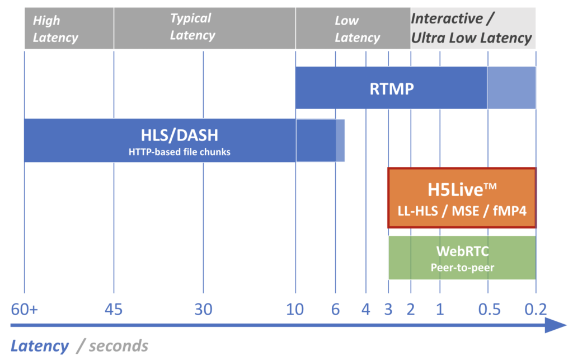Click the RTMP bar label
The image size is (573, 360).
coord(392,89)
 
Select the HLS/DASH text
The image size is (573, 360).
coord(180,135)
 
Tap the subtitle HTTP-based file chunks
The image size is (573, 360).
coord(180,152)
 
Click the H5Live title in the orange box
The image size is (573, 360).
coord(462,189)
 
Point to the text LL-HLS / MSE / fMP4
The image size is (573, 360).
coord(462,211)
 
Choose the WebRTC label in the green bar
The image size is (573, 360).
coord(462,251)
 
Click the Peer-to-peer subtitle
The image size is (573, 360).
coord(462,268)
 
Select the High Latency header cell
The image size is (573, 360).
coord(69,29)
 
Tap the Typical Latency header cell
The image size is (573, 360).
coord(205,29)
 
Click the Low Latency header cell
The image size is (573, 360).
coord(353,29)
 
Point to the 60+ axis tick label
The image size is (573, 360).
coord(25,310)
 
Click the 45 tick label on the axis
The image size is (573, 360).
coord(114,310)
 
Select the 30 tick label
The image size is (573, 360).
coord(203,310)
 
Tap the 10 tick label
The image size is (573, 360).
coord(295,310)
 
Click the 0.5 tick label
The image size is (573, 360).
coord(489,310)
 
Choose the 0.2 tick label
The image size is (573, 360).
coord(536,310)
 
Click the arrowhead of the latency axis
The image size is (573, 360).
coord(556,325)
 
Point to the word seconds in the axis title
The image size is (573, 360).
coord(119,346)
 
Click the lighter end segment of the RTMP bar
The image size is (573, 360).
coord(511,88)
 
